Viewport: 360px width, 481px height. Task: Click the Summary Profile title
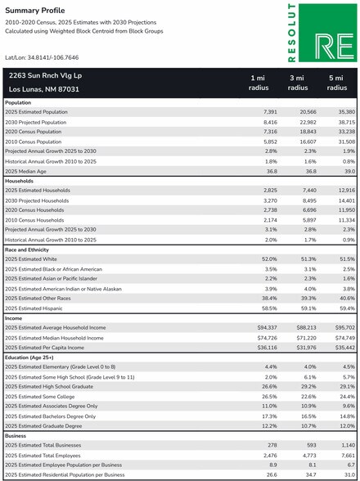35,11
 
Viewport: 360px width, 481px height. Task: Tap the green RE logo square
328,33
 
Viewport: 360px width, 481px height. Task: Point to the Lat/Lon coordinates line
42,57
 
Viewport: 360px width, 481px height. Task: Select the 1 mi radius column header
259,83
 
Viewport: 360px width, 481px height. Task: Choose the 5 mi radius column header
336,83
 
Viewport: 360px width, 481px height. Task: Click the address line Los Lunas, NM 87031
44,90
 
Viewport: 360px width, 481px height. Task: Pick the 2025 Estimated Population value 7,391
270,112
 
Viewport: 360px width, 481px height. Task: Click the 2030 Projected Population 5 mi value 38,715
346,122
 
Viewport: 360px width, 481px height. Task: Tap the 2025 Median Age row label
26,172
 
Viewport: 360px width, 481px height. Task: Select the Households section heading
20,182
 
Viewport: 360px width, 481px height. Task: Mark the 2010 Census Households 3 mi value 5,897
309,220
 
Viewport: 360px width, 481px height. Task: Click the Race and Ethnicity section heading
27,250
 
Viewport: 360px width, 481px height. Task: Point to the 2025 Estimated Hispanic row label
34,308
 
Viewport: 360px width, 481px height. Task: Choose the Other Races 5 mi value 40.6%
348,299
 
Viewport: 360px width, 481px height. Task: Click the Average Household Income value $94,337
268,328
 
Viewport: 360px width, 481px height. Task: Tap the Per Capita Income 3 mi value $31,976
306,348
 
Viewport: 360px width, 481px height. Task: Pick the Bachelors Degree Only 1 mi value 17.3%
271,416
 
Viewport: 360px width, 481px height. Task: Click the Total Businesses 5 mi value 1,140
348,445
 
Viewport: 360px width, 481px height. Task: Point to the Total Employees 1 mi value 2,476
270,456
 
